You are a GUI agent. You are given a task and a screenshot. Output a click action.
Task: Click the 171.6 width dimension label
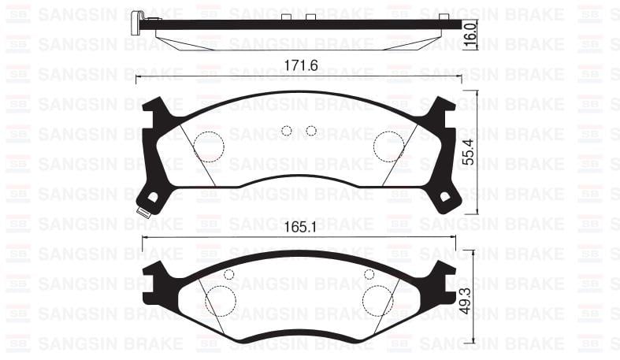pyautogui.click(x=301, y=65)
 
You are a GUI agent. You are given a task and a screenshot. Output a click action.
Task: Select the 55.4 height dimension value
pyautogui.click(x=469, y=152)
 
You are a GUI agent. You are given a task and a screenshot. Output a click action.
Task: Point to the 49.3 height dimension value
pyautogui.click(x=466, y=301)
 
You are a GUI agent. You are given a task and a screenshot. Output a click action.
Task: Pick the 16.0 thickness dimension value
pyautogui.click(x=470, y=35)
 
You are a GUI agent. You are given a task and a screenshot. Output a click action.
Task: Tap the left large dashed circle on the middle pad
pyautogui.click(x=210, y=147)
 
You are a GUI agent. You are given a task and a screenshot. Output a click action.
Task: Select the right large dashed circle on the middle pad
pyautogui.click(x=388, y=147)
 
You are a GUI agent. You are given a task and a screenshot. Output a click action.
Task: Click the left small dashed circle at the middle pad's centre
pyautogui.click(x=287, y=131)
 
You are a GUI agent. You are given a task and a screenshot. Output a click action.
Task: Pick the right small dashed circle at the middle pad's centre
pyautogui.click(x=311, y=131)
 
